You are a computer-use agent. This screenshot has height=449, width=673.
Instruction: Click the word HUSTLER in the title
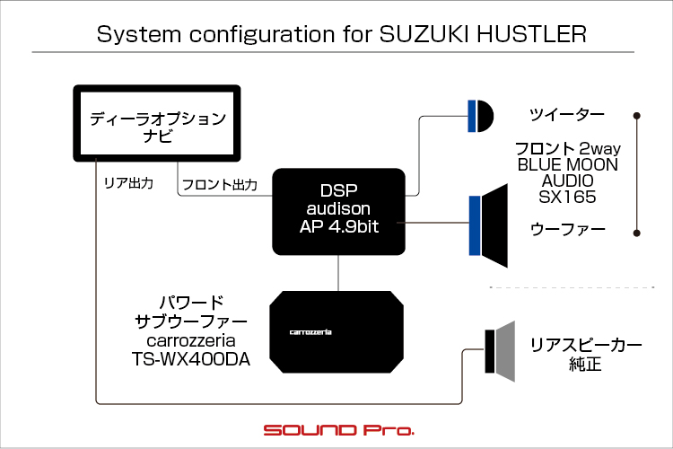coord(531,34)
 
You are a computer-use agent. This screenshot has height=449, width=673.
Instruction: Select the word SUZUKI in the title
coord(425,34)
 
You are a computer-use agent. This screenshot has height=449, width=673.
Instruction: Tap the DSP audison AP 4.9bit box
coord(338,211)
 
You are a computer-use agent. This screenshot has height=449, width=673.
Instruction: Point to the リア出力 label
coord(128,183)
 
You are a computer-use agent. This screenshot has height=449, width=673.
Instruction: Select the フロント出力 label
coord(220,185)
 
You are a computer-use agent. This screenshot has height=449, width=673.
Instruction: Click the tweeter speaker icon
coord(481,116)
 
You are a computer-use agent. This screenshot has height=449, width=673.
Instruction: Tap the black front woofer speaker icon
coord(489,225)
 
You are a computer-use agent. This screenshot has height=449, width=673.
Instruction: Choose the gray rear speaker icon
coord(500,351)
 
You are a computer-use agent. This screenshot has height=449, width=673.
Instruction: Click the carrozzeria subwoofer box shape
coord(336,331)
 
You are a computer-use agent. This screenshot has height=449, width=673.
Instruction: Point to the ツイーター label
coord(567,114)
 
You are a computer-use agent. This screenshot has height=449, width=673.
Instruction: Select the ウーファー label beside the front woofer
coord(567,229)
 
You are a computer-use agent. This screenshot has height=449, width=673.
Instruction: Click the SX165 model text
coord(567,197)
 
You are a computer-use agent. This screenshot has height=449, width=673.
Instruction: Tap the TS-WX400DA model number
coord(191,359)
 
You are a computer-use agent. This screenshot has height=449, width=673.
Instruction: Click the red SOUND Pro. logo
coord(339,430)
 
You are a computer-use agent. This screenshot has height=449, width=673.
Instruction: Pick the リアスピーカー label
coord(586,345)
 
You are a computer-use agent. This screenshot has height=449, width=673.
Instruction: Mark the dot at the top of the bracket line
coord(637,116)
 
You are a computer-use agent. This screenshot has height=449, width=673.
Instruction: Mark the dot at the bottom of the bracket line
coord(637,233)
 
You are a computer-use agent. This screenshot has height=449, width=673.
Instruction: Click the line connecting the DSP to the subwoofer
coord(338,273)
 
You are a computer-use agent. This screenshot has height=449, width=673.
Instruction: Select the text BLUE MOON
coord(567,164)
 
